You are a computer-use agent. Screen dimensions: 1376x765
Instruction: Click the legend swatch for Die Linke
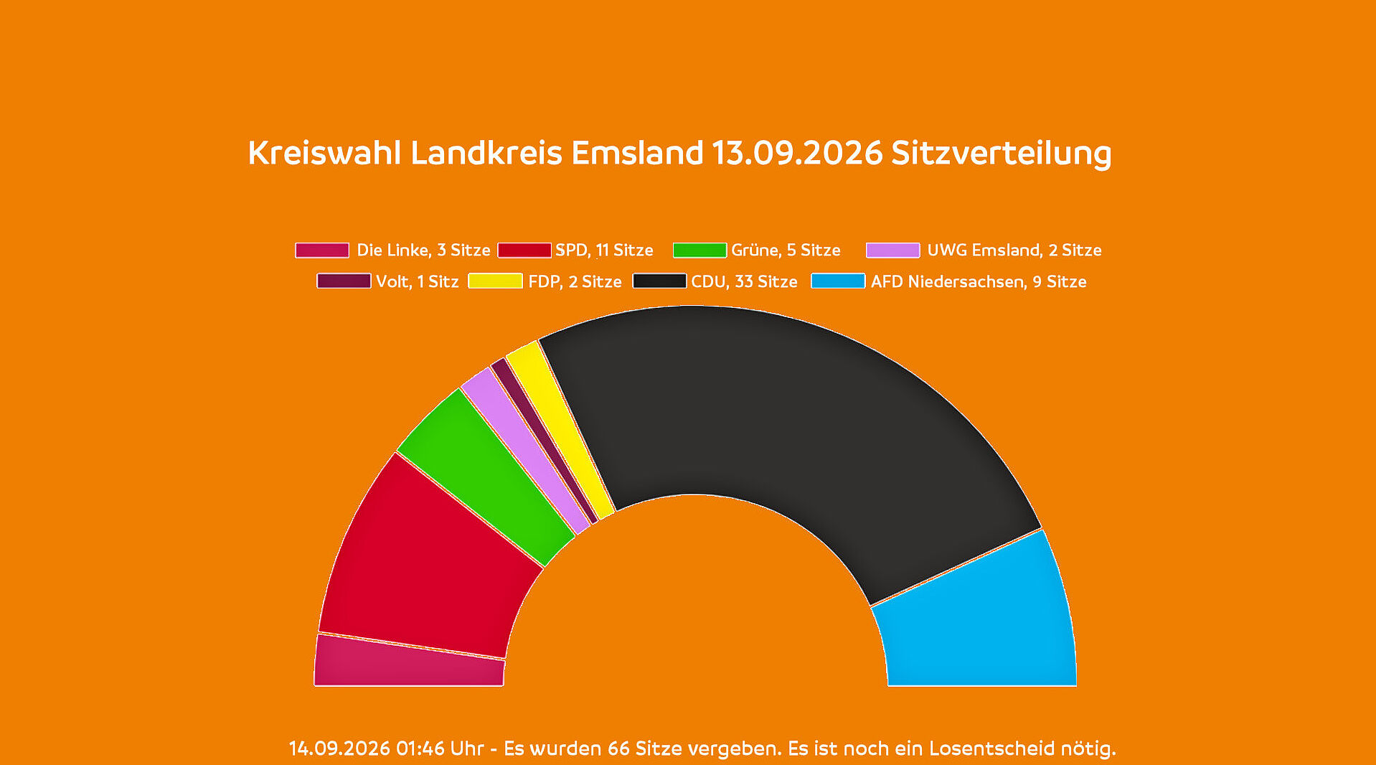(x=322, y=250)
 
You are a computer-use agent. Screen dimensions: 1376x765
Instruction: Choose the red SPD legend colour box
(x=524, y=250)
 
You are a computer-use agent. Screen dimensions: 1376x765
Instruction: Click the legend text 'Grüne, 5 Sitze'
(x=786, y=250)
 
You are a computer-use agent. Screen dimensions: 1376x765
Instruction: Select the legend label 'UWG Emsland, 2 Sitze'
(x=1014, y=250)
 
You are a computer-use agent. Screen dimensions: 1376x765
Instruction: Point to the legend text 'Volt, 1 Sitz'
(x=418, y=281)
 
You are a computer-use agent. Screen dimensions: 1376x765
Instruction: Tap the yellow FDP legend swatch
(x=495, y=281)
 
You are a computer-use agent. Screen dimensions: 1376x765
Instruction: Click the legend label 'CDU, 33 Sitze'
(x=744, y=281)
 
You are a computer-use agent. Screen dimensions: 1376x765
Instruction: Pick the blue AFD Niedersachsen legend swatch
(x=838, y=281)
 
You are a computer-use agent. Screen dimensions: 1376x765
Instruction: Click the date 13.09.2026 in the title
(x=797, y=153)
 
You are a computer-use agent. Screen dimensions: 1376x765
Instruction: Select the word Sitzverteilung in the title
(x=1002, y=154)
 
